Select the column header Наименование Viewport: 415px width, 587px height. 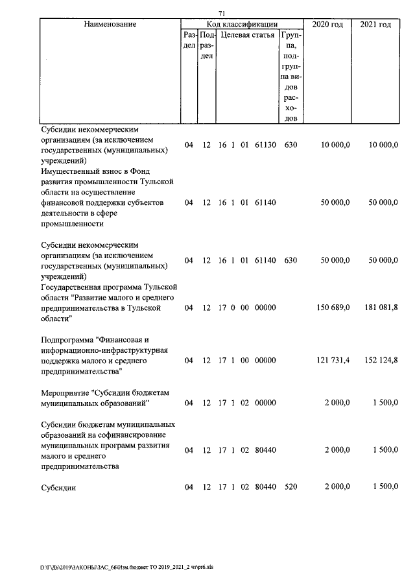(110, 25)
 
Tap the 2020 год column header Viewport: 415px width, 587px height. (328, 25)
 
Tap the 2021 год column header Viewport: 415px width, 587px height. (375, 25)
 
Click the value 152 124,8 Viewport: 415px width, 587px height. (379, 359)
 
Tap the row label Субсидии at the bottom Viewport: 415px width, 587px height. (58, 488)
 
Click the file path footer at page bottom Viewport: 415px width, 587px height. (126, 566)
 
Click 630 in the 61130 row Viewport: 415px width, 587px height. (290, 145)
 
